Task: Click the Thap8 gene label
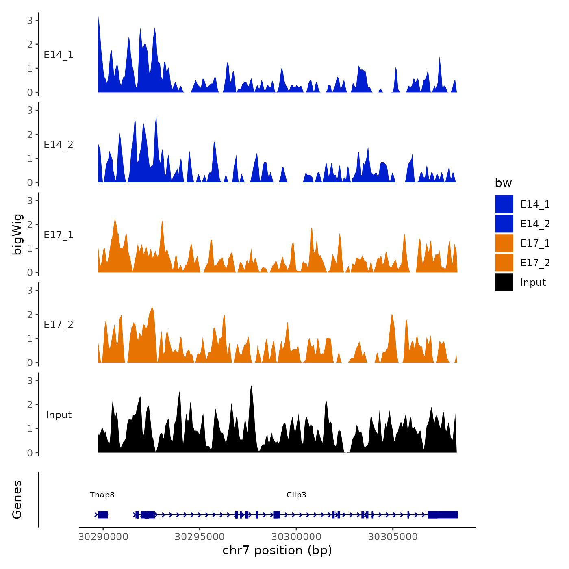pos(102,495)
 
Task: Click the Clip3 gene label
pos(296,495)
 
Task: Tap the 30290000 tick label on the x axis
pos(103,537)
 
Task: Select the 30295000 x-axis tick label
pos(200,537)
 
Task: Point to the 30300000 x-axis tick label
pos(296,537)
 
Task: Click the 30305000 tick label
pos(393,537)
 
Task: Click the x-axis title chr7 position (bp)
pos(277,550)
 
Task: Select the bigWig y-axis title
pos(17,234)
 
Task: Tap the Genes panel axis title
pos(17,500)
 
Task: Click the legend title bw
pos(503,183)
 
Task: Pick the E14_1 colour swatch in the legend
pos(504,204)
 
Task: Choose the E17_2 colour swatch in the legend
pos(504,263)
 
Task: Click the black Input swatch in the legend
pos(504,282)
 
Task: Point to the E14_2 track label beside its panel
pos(59,145)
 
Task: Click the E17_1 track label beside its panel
pos(59,235)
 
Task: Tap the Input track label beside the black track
pos(59,415)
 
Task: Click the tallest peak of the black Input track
pos(252,387)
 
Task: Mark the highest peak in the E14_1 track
pos(99,18)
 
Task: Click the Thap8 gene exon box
pos(103,515)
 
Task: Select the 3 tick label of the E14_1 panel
pos(30,20)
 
